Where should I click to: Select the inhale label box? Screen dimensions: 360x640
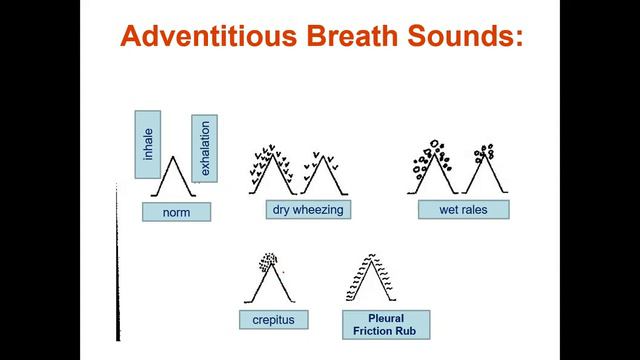[x=147, y=144]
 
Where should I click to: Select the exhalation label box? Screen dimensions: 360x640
[x=204, y=148]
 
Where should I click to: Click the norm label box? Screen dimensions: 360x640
[x=176, y=212]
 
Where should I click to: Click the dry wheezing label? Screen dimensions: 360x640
[x=307, y=210]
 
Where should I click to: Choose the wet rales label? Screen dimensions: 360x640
[x=464, y=210]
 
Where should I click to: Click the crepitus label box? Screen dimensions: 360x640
[x=273, y=320]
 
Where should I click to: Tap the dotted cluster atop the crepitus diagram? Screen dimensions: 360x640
[x=267, y=263]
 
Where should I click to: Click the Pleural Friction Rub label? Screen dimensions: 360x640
[x=386, y=323]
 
